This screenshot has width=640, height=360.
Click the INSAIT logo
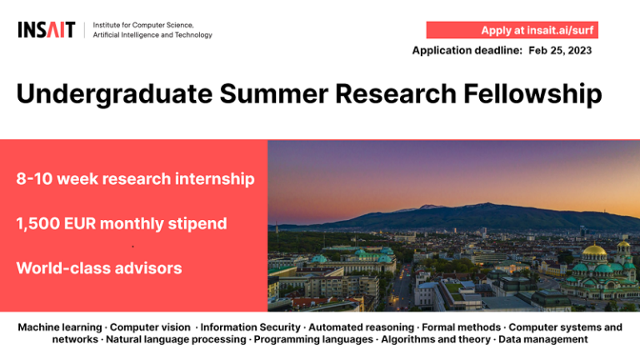coord(46,30)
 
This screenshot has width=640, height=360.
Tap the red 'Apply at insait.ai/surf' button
coord(512,30)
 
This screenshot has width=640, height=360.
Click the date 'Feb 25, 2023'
coord(560,51)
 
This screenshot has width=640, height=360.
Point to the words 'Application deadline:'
coord(467,51)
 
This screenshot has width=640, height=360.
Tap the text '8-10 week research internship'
coord(135,179)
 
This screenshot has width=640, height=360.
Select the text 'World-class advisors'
coord(98,268)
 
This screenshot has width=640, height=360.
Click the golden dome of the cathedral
coord(594,251)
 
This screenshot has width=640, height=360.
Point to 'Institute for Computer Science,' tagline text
coord(143,25)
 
